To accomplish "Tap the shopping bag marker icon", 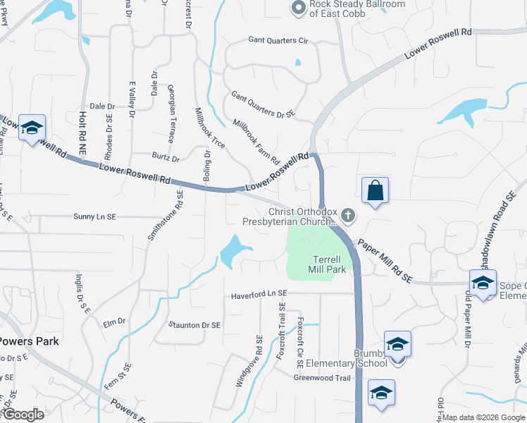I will tap(375, 190).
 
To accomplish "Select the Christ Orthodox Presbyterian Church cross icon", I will tap(347, 214).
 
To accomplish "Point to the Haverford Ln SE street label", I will tap(259, 293).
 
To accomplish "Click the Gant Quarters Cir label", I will tap(278, 40).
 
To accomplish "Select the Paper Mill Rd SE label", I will tap(384, 260).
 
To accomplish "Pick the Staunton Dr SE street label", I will tap(195, 325).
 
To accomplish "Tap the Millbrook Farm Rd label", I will tap(256, 141).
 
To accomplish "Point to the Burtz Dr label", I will tap(166, 157).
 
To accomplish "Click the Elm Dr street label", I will tap(113, 321).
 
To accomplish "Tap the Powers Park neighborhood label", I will tap(28, 341).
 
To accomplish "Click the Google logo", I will tap(23, 415).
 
